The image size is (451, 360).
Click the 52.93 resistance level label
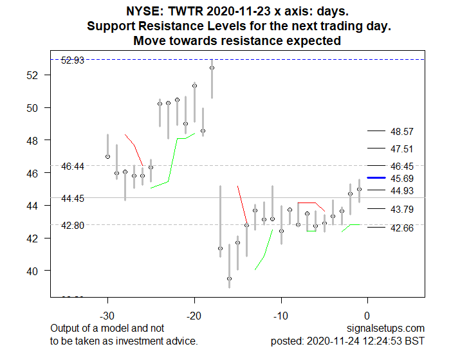72,60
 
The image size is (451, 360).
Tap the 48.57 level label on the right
401,131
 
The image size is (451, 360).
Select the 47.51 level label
401,148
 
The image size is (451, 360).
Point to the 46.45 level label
401,166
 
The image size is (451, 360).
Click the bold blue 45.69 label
401,177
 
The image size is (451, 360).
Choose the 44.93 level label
401,190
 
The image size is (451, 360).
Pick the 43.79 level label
401,209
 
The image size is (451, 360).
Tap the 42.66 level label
401,228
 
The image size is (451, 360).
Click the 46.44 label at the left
72,166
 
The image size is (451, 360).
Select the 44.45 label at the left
72,199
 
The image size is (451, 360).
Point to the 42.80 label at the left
72,226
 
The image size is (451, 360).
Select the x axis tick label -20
194,316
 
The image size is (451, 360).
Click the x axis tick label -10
281,316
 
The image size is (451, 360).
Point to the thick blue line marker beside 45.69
375,177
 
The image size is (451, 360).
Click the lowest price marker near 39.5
229,278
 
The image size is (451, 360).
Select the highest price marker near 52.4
212,67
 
